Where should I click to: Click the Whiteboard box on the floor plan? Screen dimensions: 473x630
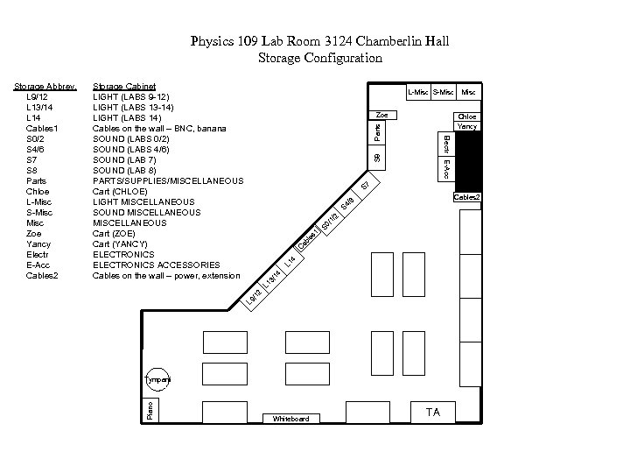tap(290, 418)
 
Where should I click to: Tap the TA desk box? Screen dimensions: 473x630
tap(432, 412)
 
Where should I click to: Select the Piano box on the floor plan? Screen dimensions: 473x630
tap(150, 408)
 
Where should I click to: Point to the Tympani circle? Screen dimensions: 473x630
tap(158, 379)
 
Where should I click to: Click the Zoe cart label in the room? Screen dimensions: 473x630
tap(381, 116)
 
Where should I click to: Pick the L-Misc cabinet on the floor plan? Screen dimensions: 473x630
tap(417, 92)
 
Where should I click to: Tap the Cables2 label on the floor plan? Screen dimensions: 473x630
tap(465, 197)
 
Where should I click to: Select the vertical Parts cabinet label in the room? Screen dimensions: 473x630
tap(376, 132)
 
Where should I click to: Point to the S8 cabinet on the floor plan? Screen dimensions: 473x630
tap(376, 157)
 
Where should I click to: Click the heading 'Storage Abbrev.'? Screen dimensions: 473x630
tap(45, 86)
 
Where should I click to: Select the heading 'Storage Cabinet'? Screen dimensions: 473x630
tap(124, 86)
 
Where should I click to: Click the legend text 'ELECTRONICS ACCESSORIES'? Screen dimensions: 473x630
tap(156, 265)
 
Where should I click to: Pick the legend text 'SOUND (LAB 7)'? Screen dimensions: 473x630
tap(124, 159)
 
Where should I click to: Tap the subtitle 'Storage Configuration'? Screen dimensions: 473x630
tap(320, 58)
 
